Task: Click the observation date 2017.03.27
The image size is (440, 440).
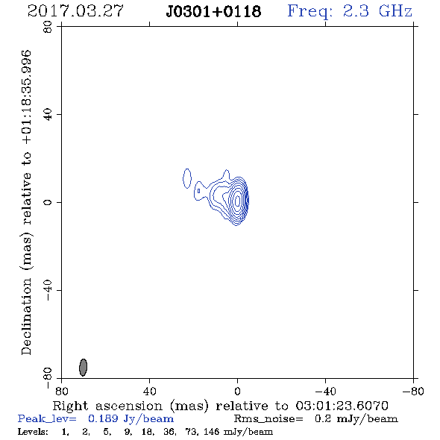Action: pyautogui.click(x=75, y=11)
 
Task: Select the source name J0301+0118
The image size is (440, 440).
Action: pyautogui.click(x=213, y=12)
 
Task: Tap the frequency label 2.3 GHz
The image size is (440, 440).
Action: pyautogui.click(x=377, y=11)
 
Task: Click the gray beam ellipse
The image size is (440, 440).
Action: pyautogui.click(x=83, y=367)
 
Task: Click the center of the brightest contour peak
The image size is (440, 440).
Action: pyautogui.click(x=238, y=201)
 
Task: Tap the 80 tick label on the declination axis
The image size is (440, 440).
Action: pyautogui.click(x=48, y=27)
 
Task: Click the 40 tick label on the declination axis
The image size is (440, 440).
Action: pyautogui.click(x=48, y=115)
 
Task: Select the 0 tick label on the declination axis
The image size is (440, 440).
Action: pyautogui.click(x=48, y=202)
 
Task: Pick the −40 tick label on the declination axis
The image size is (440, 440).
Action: pyautogui.click(x=48, y=290)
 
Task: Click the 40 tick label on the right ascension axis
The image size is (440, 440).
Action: pyautogui.click(x=149, y=392)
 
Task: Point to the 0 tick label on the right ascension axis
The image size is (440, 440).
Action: pyautogui.click(x=237, y=392)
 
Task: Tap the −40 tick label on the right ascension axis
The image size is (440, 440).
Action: pyautogui.click(x=325, y=392)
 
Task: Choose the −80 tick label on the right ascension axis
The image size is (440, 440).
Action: pyautogui.click(x=413, y=392)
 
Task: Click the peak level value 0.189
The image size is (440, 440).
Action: pyautogui.click(x=103, y=418)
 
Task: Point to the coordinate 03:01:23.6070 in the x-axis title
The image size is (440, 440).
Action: pyautogui.click(x=342, y=406)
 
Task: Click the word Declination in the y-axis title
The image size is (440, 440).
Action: pyautogui.click(x=26, y=316)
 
